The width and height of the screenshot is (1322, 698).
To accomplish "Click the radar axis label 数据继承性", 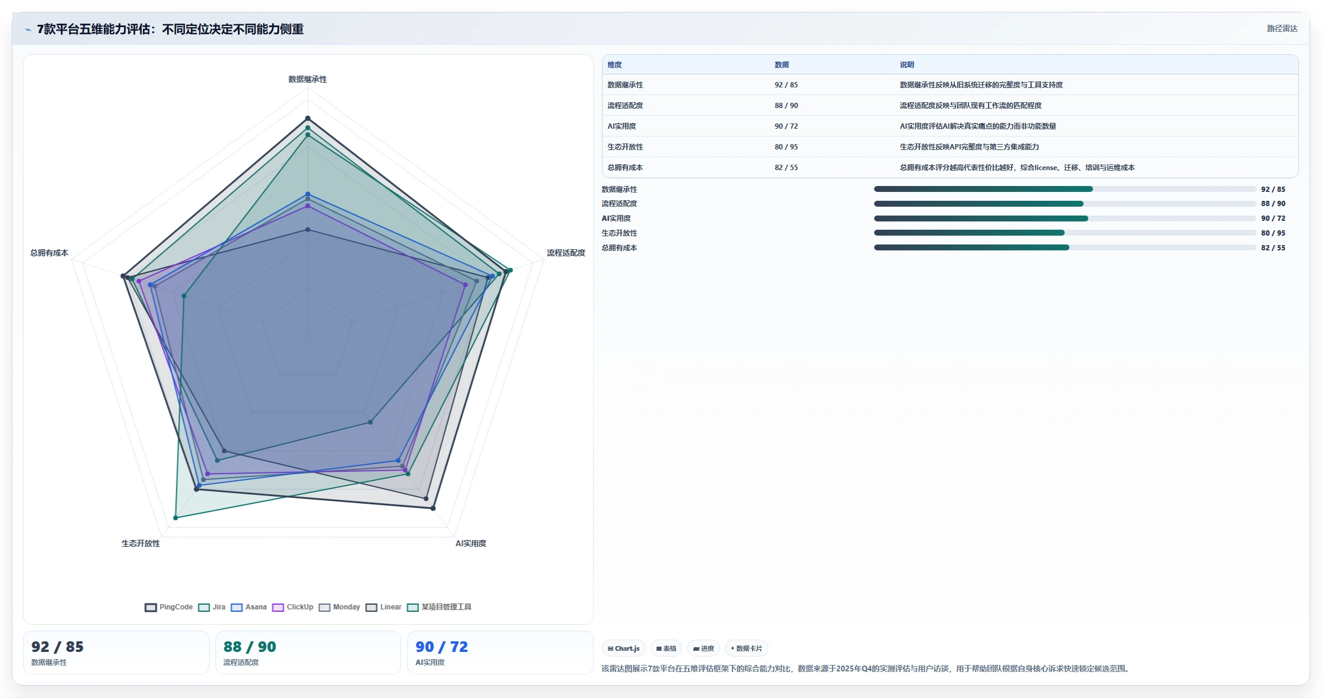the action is point(307,79).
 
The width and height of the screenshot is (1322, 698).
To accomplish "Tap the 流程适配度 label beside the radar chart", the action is point(566,253).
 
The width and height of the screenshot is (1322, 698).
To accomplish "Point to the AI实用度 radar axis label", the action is point(471,543).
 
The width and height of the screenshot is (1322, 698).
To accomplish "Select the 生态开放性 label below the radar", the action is point(140,543).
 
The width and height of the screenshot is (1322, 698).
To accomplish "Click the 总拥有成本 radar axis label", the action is point(50,253).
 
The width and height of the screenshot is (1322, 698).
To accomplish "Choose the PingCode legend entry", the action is point(169,607).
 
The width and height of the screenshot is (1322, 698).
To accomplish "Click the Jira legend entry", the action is point(212,607).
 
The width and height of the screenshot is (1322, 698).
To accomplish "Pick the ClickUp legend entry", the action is point(293,607).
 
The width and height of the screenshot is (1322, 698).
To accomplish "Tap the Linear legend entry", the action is point(384,607).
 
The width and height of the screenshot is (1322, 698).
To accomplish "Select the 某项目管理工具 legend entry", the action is point(439,607).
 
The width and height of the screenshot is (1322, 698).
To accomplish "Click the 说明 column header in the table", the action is point(907,65).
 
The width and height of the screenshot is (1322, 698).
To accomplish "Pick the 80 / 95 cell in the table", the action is point(786,147).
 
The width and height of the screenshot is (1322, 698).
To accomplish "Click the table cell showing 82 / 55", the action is point(786,168).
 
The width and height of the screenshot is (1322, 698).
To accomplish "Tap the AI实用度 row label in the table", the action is point(622,126).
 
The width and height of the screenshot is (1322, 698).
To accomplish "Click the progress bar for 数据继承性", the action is point(1065,189).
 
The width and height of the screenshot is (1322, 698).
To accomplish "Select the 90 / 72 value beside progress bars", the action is point(1273,218).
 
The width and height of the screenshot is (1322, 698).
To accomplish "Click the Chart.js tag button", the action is point(624,648).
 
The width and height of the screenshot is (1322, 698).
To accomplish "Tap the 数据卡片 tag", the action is point(746,648).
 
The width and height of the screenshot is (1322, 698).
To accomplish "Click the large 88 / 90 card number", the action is point(250,647).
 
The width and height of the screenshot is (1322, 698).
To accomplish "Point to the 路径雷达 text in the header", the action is point(1282,28).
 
